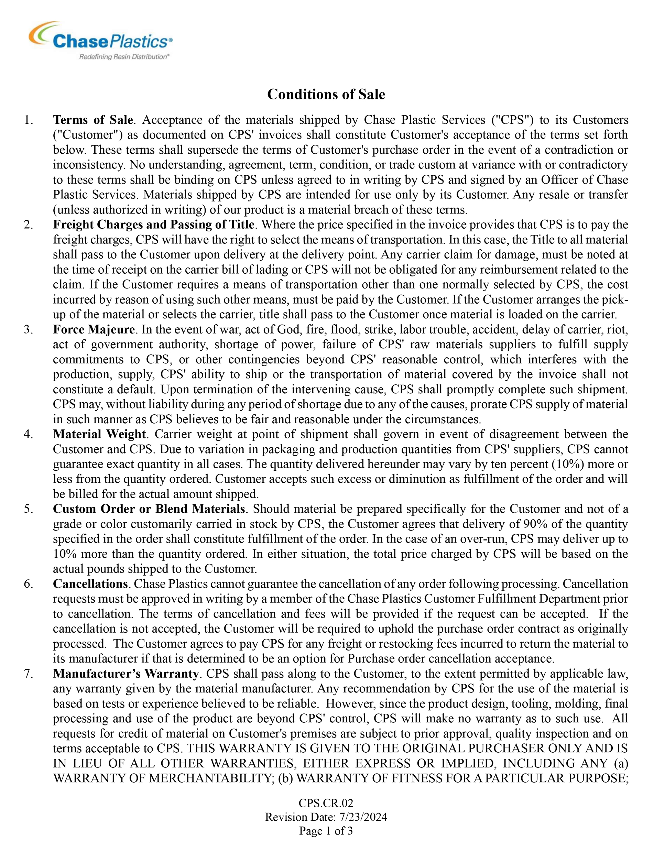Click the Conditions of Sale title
326,95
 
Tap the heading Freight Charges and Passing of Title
154,225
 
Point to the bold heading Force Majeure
94,330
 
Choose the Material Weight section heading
99,434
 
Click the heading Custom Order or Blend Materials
149,509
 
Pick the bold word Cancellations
90,584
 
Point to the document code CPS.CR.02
326,803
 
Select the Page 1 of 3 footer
326,831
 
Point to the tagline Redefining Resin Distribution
124,57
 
